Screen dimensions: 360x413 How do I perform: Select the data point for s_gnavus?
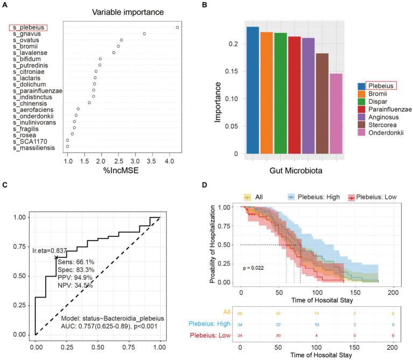(144, 34)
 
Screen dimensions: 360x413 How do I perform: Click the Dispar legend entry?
(377, 104)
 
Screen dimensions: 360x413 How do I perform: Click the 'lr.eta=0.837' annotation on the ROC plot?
(49, 251)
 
